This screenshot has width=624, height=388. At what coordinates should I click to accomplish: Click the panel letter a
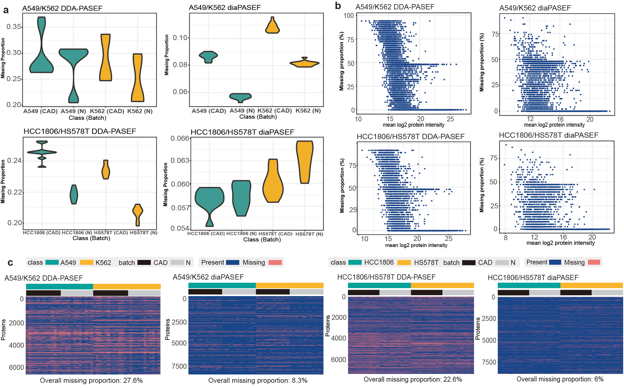pos(6,10)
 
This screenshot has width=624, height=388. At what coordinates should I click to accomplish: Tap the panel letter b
pos(338,6)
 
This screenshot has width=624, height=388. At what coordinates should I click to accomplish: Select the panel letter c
pos(10,263)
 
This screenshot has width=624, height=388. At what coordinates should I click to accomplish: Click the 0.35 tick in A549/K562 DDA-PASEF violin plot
pos(14,27)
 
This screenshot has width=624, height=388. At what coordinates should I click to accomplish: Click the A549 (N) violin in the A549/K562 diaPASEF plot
pos(240,97)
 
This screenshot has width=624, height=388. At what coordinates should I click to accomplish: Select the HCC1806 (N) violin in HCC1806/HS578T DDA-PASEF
pos(74,195)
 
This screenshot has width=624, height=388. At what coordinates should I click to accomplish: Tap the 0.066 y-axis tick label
pos(180,139)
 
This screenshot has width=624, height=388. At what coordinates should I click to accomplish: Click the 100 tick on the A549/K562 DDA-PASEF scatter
pos(349,16)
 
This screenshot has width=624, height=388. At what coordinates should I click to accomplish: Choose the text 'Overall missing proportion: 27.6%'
pos(91,381)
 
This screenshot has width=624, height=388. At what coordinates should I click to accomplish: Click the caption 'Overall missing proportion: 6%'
pos(560,379)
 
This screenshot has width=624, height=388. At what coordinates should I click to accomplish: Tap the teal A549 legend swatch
pos(52,262)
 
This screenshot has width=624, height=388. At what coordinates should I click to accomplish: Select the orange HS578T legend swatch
pos(404,262)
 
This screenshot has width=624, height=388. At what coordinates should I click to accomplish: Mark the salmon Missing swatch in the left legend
pos(275,262)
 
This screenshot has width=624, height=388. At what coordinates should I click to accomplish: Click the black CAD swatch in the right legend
pos(469,262)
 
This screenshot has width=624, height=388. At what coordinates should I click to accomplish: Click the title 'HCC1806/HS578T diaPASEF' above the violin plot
pos(242,132)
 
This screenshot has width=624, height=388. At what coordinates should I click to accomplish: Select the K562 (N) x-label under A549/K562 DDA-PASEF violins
pos(140,111)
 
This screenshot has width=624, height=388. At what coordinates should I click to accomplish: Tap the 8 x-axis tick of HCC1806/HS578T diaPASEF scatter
pos(505,238)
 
